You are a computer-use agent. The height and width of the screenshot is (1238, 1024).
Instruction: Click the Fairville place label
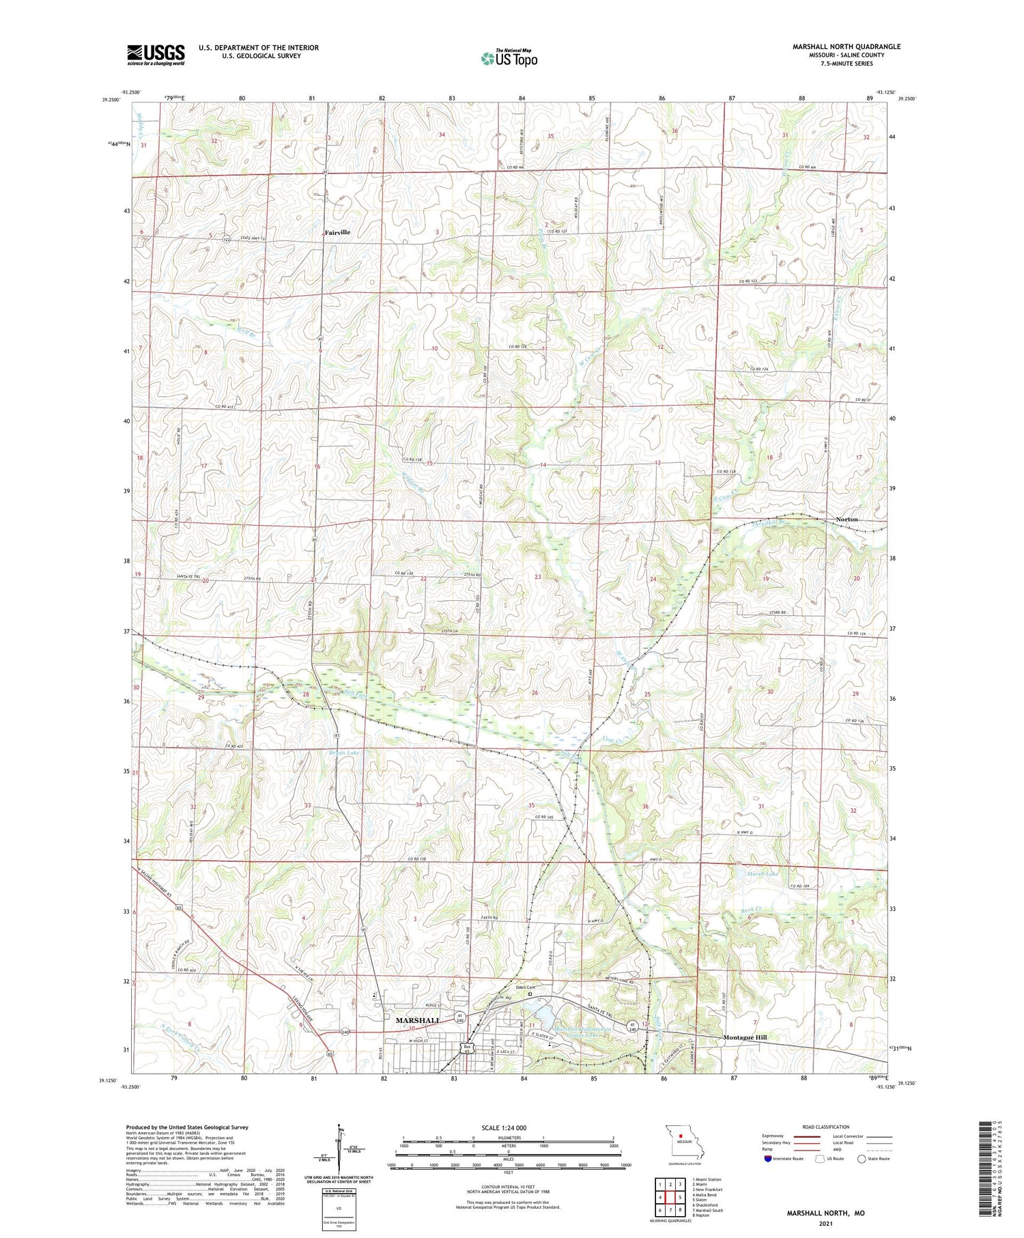tap(337, 233)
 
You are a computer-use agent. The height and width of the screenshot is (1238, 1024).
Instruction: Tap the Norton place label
tap(847, 520)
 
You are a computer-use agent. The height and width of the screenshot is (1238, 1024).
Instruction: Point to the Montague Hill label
tap(745, 1037)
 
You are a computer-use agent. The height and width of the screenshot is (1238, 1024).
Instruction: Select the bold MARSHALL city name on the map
tap(418, 1020)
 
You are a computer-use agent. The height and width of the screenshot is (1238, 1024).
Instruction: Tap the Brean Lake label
tap(343, 753)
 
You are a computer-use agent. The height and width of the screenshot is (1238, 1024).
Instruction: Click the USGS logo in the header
tap(156, 55)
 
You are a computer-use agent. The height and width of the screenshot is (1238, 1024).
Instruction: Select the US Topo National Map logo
tap(509, 59)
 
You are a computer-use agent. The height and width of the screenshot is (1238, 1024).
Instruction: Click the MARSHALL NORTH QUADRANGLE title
tap(846, 46)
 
